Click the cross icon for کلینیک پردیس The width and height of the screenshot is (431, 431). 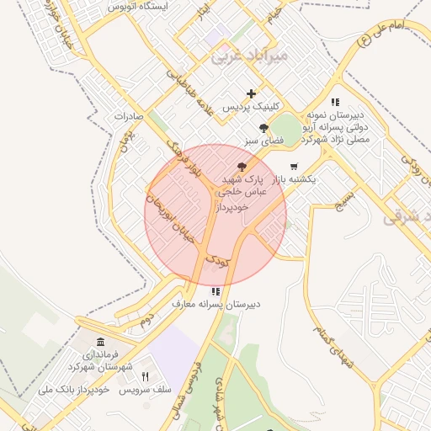pyautogui.click(x=251, y=93)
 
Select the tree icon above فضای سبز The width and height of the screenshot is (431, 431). pyautogui.click(x=264, y=128)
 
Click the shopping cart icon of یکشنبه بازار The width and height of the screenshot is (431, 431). pyautogui.click(x=293, y=166)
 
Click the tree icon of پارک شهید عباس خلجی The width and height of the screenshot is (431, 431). pyautogui.click(x=242, y=167)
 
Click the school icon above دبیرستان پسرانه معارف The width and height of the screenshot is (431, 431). pyautogui.click(x=216, y=290)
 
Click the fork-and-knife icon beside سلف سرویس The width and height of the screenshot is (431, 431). pyautogui.click(x=145, y=375)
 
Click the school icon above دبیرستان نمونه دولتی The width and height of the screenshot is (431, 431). pyautogui.click(x=335, y=101)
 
